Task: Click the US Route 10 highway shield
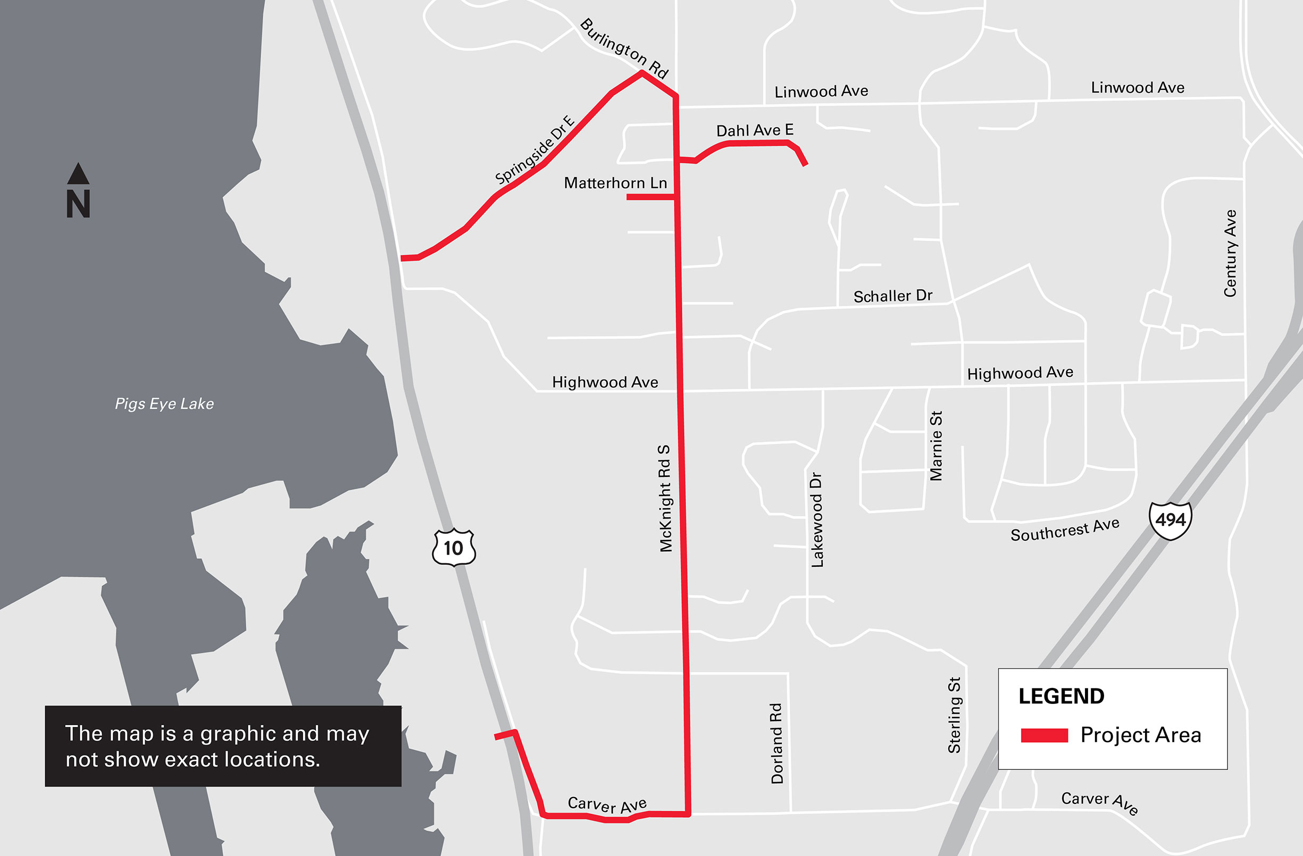pyautogui.click(x=453, y=547)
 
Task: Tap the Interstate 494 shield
pyautogui.click(x=1171, y=519)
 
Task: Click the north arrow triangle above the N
pyautogui.click(x=78, y=173)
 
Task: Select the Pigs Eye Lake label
pyautogui.click(x=164, y=404)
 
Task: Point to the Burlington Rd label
pyautogui.click(x=624, y=48)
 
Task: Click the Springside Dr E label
pyautogui.click(x=534, y=149)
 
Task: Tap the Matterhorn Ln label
pyautogui.click(x=615, y=183)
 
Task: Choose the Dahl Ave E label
pyautogui.click(x=755, y=130)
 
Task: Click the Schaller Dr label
pyautogui.click(x=892, y=296)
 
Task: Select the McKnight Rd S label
pyautogui.click(x=665, y=498)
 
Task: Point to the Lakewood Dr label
pyautogui.click(x=816, y=520)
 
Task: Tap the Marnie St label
pyautogui.click(x=936, y=446)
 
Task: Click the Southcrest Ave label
pyautogui.click(x=1064, y=529)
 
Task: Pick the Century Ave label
pyautogui.click(x=1230, y=254)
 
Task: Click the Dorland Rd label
pyautogui.click(x=776, y=743)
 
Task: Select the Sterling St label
pyautogui.click(x=954, y=715)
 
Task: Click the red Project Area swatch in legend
pyautogui.click(x=1044, y=735)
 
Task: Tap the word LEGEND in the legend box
pyautogui.click(x=1061, y=696)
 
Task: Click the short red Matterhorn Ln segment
pyautogui.click(x=650, y=197)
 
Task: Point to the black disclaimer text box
pyautogui.click(x=223, y=746)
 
